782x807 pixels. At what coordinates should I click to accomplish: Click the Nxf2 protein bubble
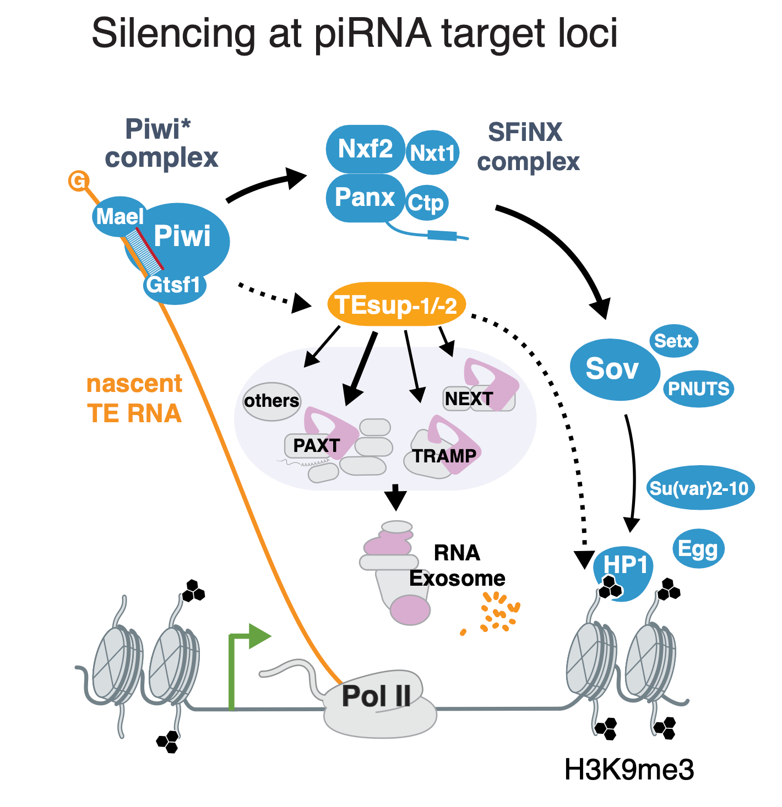[365, 149]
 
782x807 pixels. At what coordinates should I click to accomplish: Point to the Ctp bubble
[426, 203]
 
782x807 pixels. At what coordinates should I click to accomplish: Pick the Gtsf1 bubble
[174, 285]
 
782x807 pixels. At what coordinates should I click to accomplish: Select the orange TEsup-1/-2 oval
[396, 304]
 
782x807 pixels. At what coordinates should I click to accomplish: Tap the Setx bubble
[674, 341]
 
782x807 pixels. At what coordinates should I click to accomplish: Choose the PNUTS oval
[698, 389]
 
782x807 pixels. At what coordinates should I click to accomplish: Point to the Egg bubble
[698, 549]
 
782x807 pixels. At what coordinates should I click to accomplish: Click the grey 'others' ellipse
[271, 401]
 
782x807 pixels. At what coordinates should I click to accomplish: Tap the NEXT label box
[468, 399]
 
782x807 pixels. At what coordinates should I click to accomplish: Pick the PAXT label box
[316, 445]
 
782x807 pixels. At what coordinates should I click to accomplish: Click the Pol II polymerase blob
[377, 702]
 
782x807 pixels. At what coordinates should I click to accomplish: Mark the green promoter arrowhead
[259, 636]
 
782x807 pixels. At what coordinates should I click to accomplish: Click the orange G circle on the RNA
[79, 181]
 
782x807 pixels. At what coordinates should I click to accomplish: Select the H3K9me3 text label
[629, 770]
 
